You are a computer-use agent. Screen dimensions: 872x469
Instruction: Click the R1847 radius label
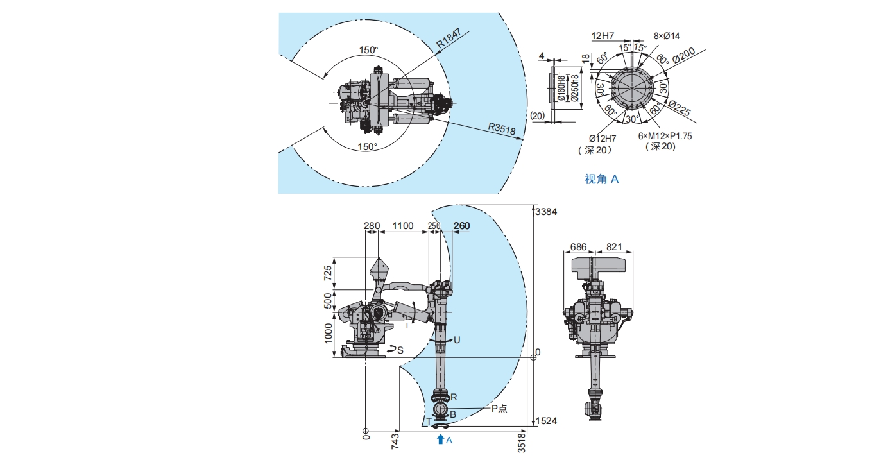(449, 38)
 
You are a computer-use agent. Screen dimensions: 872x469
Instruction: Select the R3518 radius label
(502, 128)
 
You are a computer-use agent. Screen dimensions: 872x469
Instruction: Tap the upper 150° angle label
(368, 50)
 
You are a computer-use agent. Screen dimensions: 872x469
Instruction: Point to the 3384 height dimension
(546, 212)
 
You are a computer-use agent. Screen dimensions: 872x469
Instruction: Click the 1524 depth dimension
(546, 421)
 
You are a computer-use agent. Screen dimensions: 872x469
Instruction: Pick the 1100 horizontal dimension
(402, 226)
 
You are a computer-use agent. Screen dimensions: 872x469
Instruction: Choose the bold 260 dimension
(462, 226)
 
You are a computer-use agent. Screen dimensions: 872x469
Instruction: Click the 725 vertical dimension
(328, 273)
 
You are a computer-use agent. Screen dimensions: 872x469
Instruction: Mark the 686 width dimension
(578, 247)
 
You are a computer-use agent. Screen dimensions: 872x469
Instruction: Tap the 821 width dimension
(614, 247)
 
